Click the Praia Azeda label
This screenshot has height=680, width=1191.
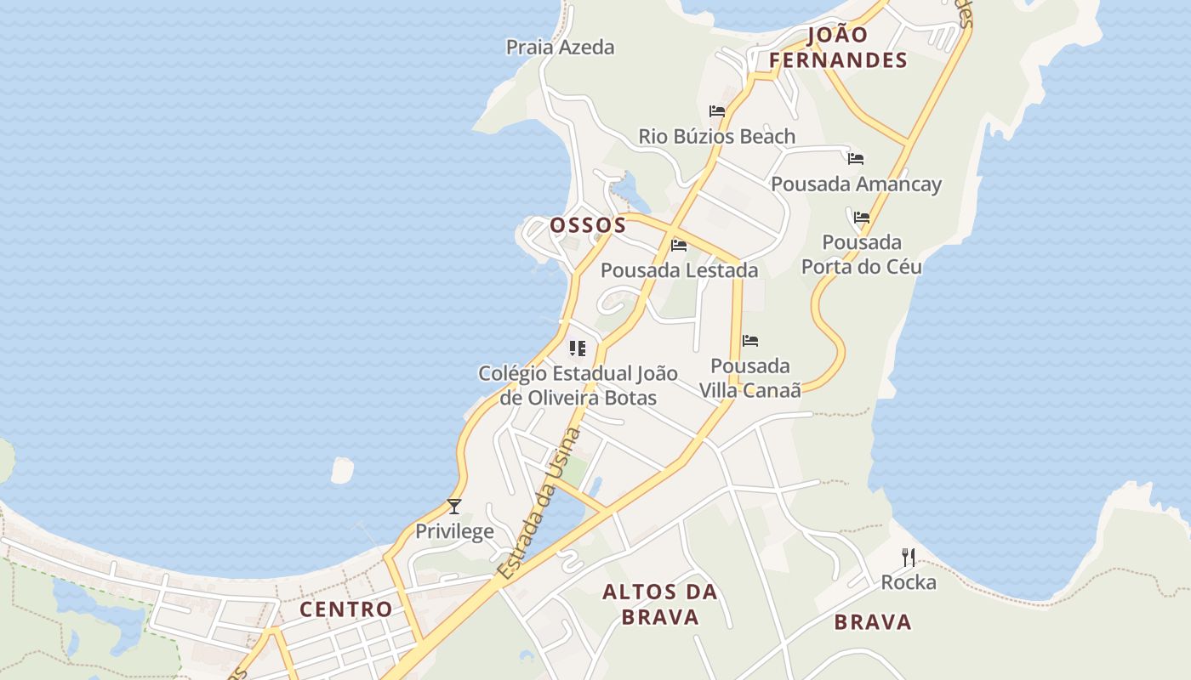pyautogui.click(x=560, y=47)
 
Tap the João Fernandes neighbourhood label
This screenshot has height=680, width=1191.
pyautogui.click(x=838, y=48)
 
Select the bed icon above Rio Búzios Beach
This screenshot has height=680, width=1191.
pyautogui.click(x=717, y=111)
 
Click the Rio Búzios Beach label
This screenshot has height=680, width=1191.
pyautogui.click(x=717, y=136)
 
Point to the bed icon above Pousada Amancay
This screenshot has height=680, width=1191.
pyautogui.click(x=856, y=159)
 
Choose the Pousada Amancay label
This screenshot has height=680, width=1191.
pyautogui.click(x=856, y=184)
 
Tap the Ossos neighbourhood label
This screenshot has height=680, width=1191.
pyautogui.click(x=588, y=225)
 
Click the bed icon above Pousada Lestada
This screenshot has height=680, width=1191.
pyautogui.click(x=679, y=246)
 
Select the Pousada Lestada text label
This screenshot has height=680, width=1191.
pyautogui.click(x=679, y=270)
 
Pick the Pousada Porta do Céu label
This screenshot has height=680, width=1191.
pyautogui.click(x=862, y=254)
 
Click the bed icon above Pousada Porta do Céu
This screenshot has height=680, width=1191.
pyautogui.click(x=862, y=218)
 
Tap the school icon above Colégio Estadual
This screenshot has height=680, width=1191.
pyautogui.click(x=578, y=348)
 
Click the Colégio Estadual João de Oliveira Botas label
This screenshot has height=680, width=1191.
pyautogui.click(x=578, y=385)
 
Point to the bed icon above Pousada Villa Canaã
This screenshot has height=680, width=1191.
pyautogui.click(x=750, y=341)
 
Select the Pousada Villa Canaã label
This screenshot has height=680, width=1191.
pyautogui.click(x=750, y=378)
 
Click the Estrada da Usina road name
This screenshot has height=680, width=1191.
pyautogui.click(x=539, y=504)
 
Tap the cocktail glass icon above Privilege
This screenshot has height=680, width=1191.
pyautogui.click(x=454, y=507)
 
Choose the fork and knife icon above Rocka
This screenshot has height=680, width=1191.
pyautogui.click(x=909, y=558)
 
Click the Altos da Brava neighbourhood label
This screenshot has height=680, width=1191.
pyautogui.click(x=660, y=604)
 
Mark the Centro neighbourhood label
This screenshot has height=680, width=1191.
pyautogui.click(x=346, y=609)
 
